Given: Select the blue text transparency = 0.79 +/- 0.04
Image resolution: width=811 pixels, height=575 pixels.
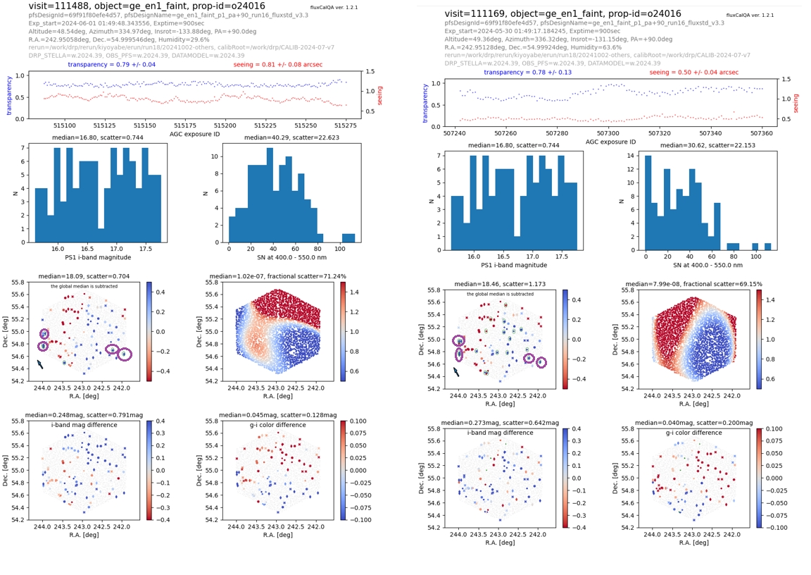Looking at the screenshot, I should (x=112, y=65).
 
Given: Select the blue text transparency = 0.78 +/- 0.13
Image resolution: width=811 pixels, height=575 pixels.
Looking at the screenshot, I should (x=527, y=73).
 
